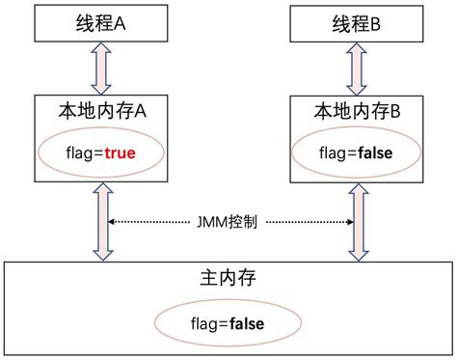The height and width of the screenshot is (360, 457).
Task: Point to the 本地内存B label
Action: (357, 113)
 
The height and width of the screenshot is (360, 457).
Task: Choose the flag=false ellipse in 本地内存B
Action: (357, 152)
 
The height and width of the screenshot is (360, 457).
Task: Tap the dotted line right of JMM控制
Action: (309, 222)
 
